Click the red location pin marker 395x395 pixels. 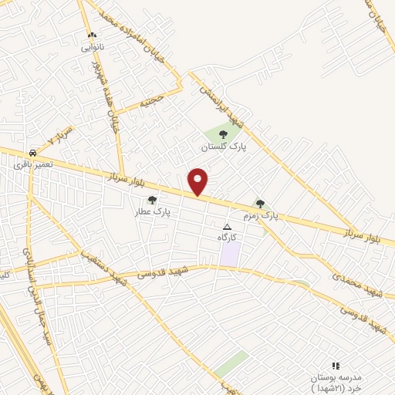198,181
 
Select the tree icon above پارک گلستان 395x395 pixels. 223,134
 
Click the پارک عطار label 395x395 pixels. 152,211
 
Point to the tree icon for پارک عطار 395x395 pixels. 152,200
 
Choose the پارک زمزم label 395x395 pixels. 261,215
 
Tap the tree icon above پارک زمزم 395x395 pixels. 261,204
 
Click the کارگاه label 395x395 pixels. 227,238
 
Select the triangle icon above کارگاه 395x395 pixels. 227,227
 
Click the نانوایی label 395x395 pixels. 93,46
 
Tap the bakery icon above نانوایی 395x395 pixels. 93,35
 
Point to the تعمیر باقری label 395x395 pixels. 32,164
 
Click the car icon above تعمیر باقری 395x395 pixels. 32,153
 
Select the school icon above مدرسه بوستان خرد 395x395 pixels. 335,365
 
